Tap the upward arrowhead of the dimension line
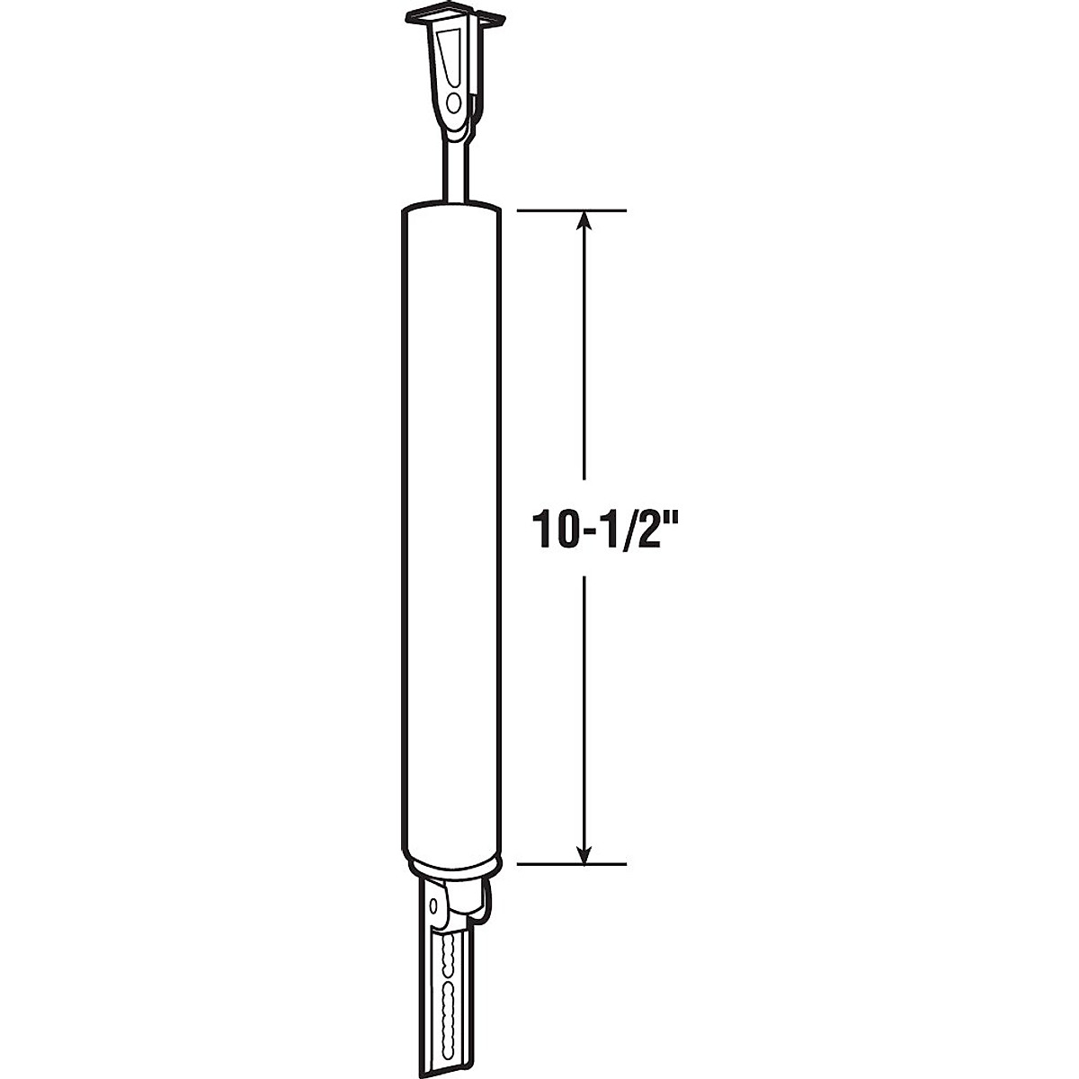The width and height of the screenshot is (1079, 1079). coord(585,219)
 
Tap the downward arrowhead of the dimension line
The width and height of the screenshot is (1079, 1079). coord(585,855)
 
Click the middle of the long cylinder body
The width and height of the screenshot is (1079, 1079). coord(448,531)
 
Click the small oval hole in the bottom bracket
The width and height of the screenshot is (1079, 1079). coord(436,903)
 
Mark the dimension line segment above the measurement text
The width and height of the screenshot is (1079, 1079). coord(585,360)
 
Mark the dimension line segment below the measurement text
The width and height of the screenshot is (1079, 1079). coord(585,710)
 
